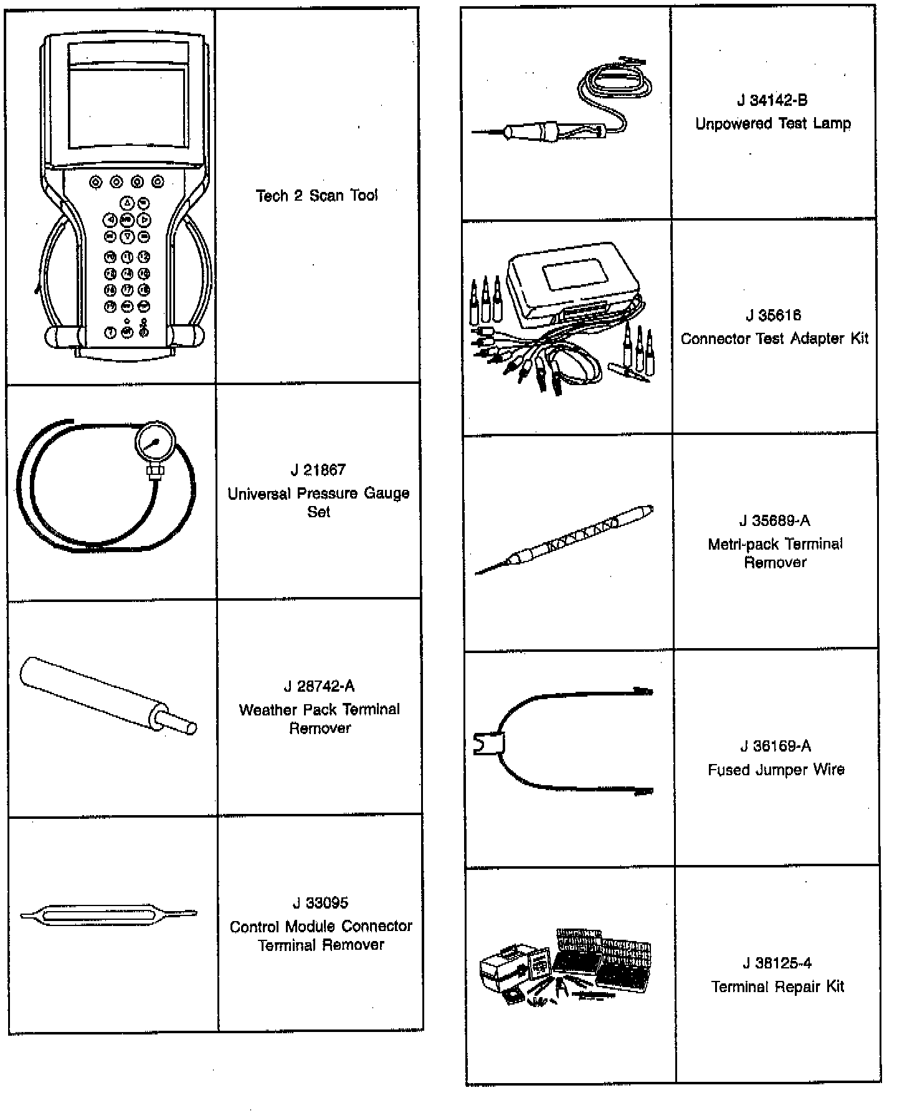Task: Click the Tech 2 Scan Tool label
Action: [x=316, y=196]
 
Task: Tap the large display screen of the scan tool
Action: [x=127, y=107]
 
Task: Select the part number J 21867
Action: [x=318, y=470]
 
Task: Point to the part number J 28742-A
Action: [x=319, y=686]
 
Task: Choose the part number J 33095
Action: [x=320, y=902]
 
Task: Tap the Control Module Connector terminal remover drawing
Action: [x=108, y=915]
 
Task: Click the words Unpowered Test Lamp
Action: [x=772, y=123]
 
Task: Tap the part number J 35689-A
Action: [x=775, y=521]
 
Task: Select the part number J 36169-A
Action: [x=776, y=746]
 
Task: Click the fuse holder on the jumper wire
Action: [x=490, y=743]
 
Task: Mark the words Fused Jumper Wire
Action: [x=776, y=770]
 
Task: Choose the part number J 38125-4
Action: [x=777, y=963]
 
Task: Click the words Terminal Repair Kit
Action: [x=777, y=986]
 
